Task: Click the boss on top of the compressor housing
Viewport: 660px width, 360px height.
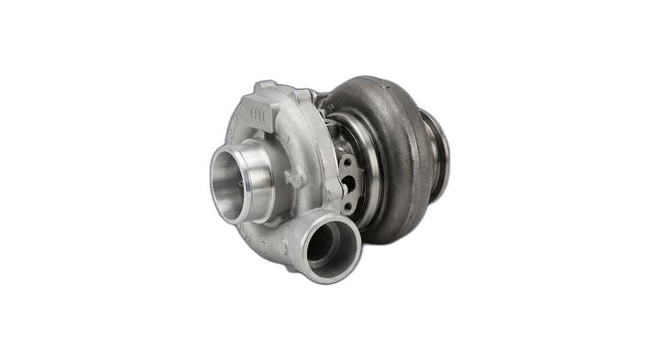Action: click(265, 86)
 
